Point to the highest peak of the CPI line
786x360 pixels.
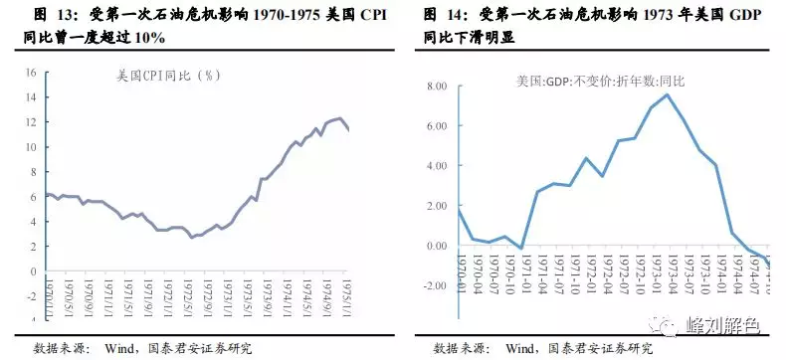[x=339, y=118]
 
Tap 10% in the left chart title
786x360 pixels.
[x=149, y=38]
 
